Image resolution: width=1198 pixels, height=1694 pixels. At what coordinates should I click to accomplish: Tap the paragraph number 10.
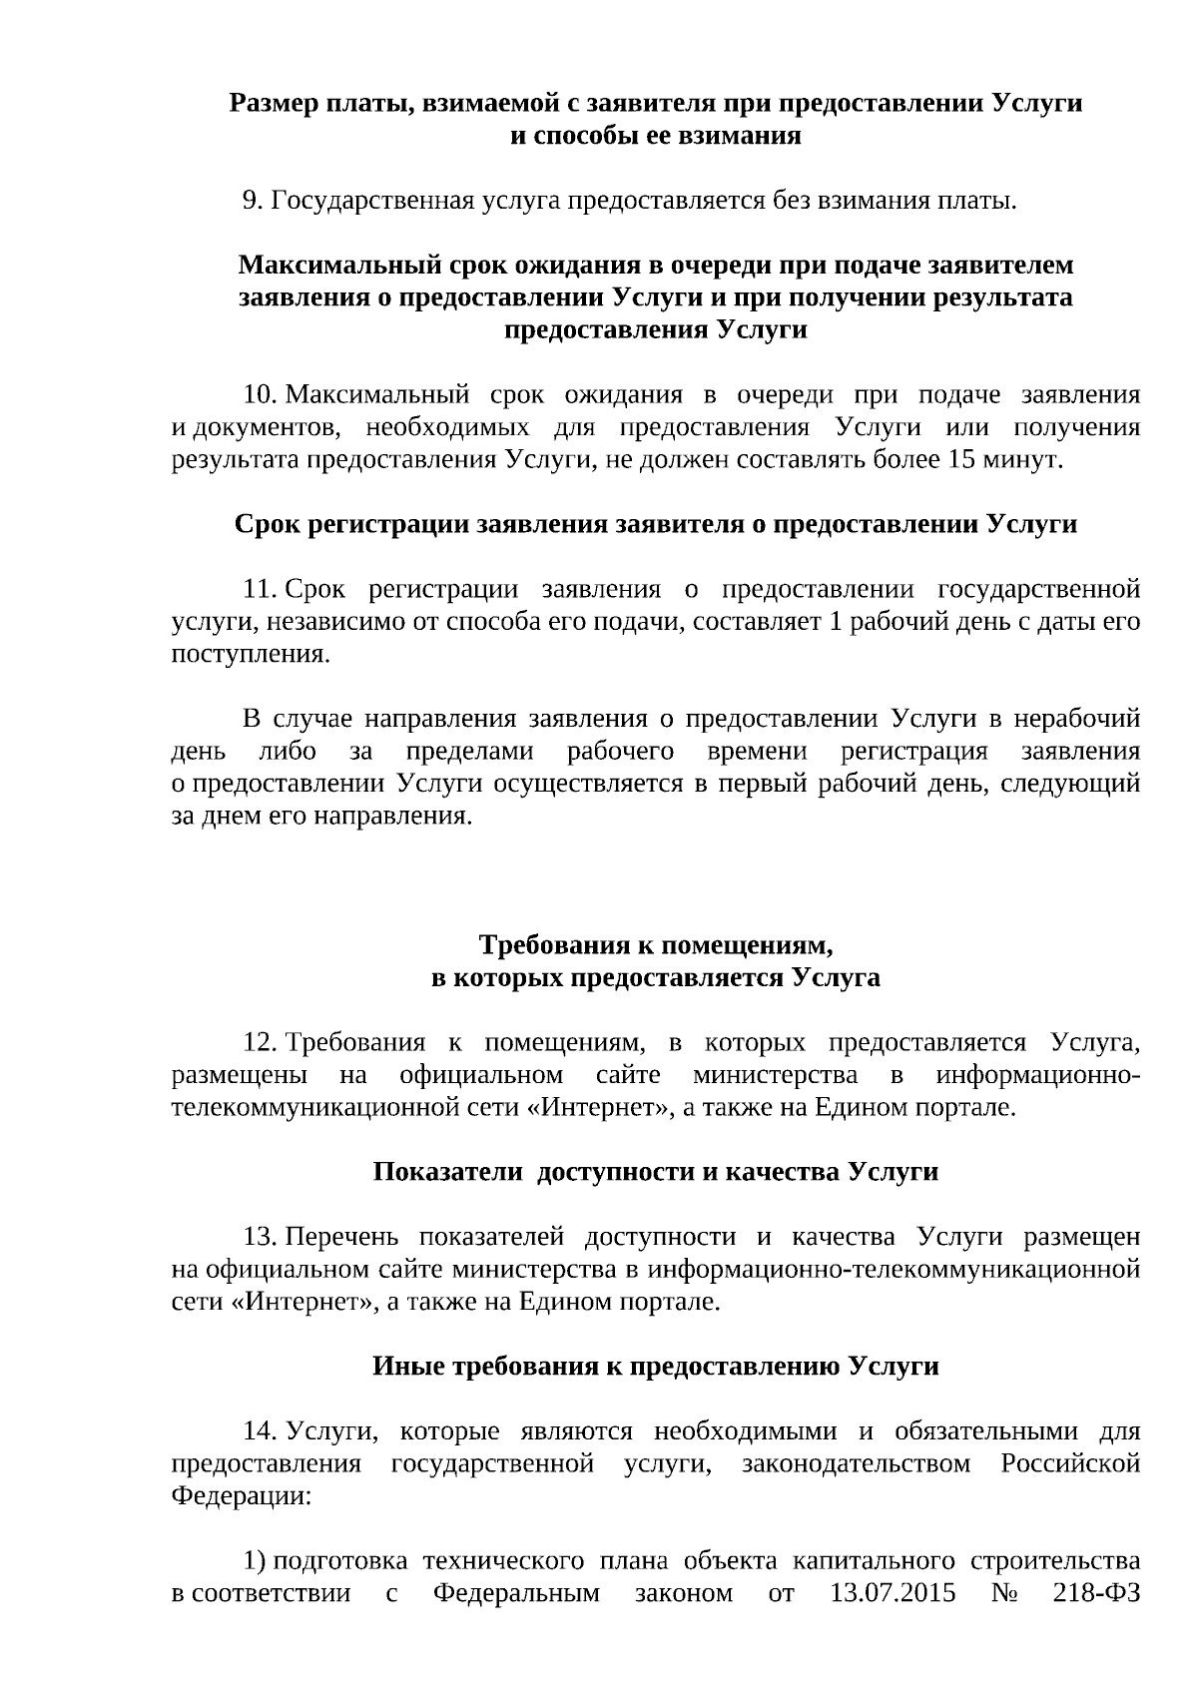pyautogui.click(x=259, y=395)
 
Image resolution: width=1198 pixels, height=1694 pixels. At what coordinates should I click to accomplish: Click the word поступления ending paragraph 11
pyautogui.click(x=250, y=655)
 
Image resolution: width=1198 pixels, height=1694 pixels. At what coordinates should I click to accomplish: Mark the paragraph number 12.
pyautogui.click(x=259, y=1043)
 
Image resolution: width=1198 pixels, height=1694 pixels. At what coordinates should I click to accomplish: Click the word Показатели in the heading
pyautogui.click(x=448, y=1172)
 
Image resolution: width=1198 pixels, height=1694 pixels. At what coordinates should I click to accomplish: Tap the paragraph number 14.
pyautogui.click(x=259, y=1432)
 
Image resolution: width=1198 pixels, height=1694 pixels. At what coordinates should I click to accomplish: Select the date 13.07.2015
pyautogui.click(x=893, y=1593)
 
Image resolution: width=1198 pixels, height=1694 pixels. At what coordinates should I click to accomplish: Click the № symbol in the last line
pyautogui.click(x=1004, y=1593)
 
